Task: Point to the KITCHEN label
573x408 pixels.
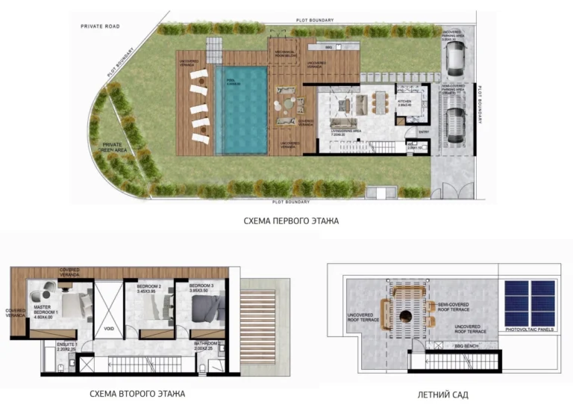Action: (x=404, y=101)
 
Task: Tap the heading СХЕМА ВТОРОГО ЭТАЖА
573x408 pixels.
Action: (x=137, y=393)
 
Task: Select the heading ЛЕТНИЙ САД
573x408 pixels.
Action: (x=443, y=393)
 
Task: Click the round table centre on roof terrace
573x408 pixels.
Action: (x=407, y=310)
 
